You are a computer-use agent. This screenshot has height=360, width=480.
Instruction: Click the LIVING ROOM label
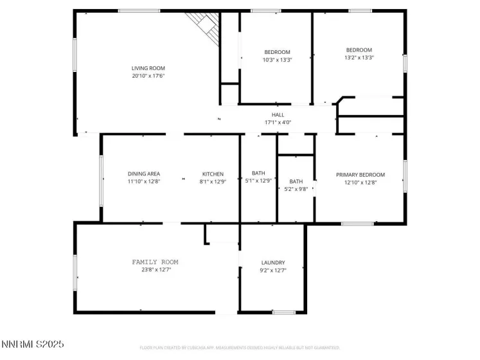coord(148,68)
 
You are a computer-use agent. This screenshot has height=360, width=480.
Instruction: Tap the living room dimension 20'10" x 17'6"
coord(148,76)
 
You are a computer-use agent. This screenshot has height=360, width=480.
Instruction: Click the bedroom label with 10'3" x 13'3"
coord(278,52)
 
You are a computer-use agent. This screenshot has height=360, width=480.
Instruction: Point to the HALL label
coord(278,115)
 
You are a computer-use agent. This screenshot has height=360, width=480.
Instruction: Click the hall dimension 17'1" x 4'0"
coord(278,122)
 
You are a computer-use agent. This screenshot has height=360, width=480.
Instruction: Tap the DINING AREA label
coord(144,174)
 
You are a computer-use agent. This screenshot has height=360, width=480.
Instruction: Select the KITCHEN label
coord(213,174)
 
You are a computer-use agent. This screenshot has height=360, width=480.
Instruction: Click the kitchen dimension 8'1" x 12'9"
coord(213,181)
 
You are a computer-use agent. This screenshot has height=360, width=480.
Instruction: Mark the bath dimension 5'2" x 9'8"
coord(296,189)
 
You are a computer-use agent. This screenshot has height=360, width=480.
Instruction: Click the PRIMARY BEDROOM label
coord(360,175)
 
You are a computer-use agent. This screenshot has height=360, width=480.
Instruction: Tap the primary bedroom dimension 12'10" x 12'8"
coord(360,182)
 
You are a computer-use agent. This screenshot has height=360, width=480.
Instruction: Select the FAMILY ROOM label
coord(155,262)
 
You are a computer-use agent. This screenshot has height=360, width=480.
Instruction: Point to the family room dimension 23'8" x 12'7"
coord(155,270)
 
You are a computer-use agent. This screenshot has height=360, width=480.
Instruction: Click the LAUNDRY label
coord(273,263)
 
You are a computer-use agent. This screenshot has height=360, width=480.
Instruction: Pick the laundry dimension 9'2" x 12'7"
coord(273,271)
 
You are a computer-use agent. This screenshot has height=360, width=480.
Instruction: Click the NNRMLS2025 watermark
coord(32,345)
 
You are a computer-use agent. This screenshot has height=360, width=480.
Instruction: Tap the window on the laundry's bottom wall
coord(283,312)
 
